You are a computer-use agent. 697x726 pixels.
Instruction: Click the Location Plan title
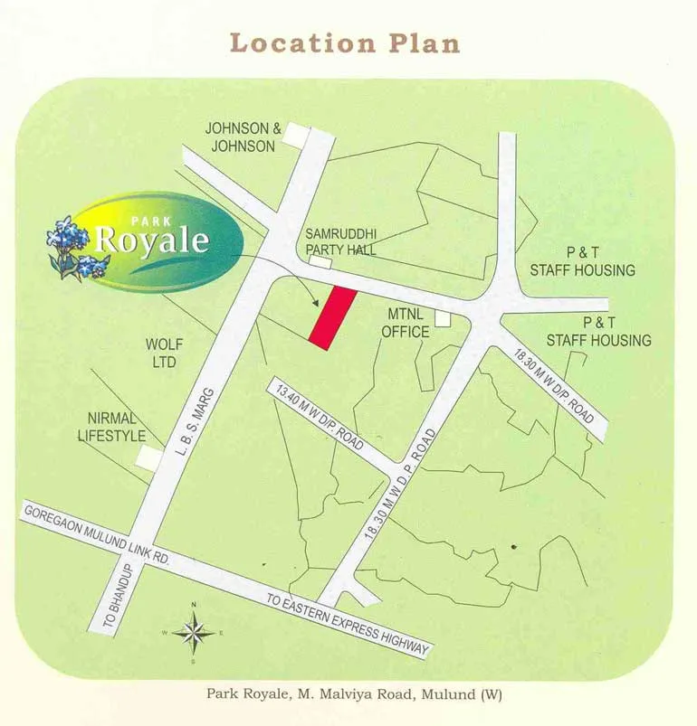pos(344,43)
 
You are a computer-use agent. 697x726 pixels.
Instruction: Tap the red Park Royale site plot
pos(329,317)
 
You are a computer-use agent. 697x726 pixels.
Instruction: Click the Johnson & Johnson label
pos(243,137)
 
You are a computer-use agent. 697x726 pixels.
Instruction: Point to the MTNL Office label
pos(405,323)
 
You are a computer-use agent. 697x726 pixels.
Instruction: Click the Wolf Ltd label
pos(164,353)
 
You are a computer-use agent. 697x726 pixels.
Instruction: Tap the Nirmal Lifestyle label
pos(116,427)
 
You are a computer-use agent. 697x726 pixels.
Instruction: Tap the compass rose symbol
pos(193,631)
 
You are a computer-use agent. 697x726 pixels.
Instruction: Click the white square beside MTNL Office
pos(443,318)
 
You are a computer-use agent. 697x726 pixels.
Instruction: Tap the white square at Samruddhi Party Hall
pos(320,261)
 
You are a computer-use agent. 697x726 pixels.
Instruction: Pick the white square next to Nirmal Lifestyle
pos(148,458)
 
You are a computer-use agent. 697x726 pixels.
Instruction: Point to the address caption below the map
pos(354,694)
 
